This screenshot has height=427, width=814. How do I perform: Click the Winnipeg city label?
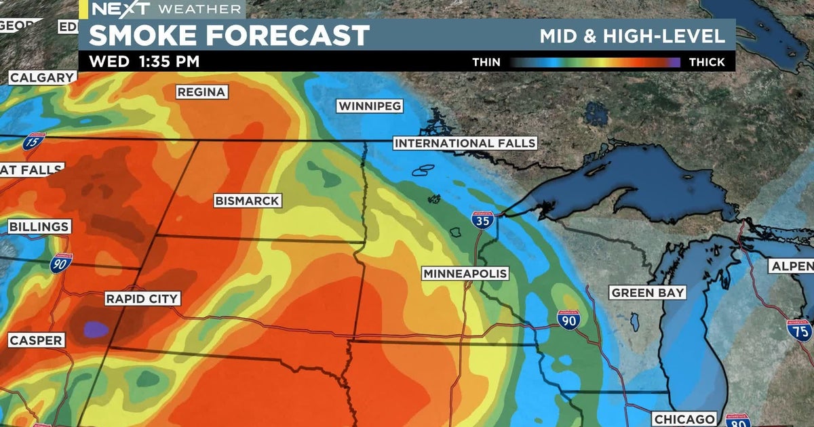click(370, 106)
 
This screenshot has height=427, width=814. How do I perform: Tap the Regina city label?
click(201, 92)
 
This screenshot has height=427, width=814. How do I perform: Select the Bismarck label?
click(247, 201)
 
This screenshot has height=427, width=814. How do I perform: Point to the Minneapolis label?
click(465, 274)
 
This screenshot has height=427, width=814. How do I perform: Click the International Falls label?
click(465, 144)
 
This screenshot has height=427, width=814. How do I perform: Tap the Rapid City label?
click(142, 299)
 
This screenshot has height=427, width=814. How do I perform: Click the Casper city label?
click(36, 340)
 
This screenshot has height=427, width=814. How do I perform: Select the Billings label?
click(39, 227)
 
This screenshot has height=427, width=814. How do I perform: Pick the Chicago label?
click(684, 419)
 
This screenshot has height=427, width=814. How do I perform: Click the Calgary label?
click(41, 78)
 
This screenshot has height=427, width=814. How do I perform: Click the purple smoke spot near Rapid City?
click(96, 329)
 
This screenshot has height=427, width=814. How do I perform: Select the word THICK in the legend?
click(707, 62)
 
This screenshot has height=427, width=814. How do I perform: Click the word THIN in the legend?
click(486, 62)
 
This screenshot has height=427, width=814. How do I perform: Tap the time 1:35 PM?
click(169, 62)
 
